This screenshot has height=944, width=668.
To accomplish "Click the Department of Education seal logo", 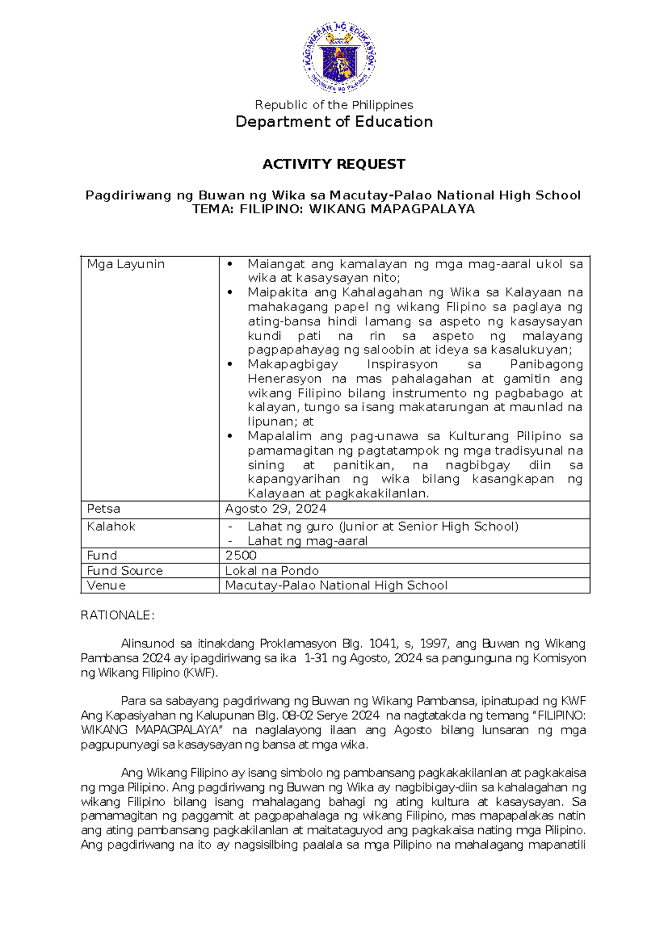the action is [339, 57].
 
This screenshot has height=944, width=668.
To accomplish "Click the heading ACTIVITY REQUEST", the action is [333, 164].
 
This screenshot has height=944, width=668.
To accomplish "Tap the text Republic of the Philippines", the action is [333, 105].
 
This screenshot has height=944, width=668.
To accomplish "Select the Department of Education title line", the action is [333, 122].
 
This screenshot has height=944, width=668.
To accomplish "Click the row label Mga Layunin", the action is [126, 264].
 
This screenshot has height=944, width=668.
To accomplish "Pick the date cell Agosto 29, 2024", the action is [276, 509].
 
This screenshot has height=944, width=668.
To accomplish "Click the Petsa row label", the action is [104, 509].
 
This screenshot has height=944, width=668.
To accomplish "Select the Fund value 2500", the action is [240, 555].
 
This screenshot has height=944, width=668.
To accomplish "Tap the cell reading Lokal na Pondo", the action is [272, 571].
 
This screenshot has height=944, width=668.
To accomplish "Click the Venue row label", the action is [106, 585].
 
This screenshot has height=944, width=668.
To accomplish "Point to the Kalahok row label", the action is [111, 526].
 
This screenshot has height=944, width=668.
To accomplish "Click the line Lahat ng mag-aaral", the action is [307, 540].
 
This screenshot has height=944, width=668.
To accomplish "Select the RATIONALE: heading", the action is [117, 615].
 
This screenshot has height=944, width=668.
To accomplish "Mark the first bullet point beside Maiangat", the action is [229, 264].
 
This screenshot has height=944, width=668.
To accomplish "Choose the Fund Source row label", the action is [125, 571].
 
